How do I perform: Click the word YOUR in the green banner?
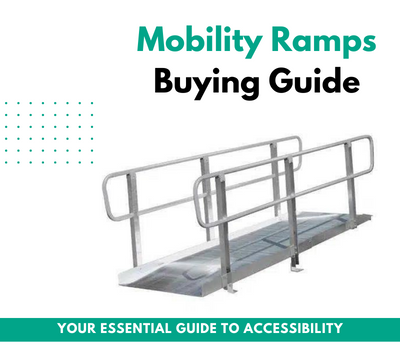pyautogui.click(x=78, y=328)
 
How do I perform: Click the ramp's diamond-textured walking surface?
pyautogui.click(x=230, y=250)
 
